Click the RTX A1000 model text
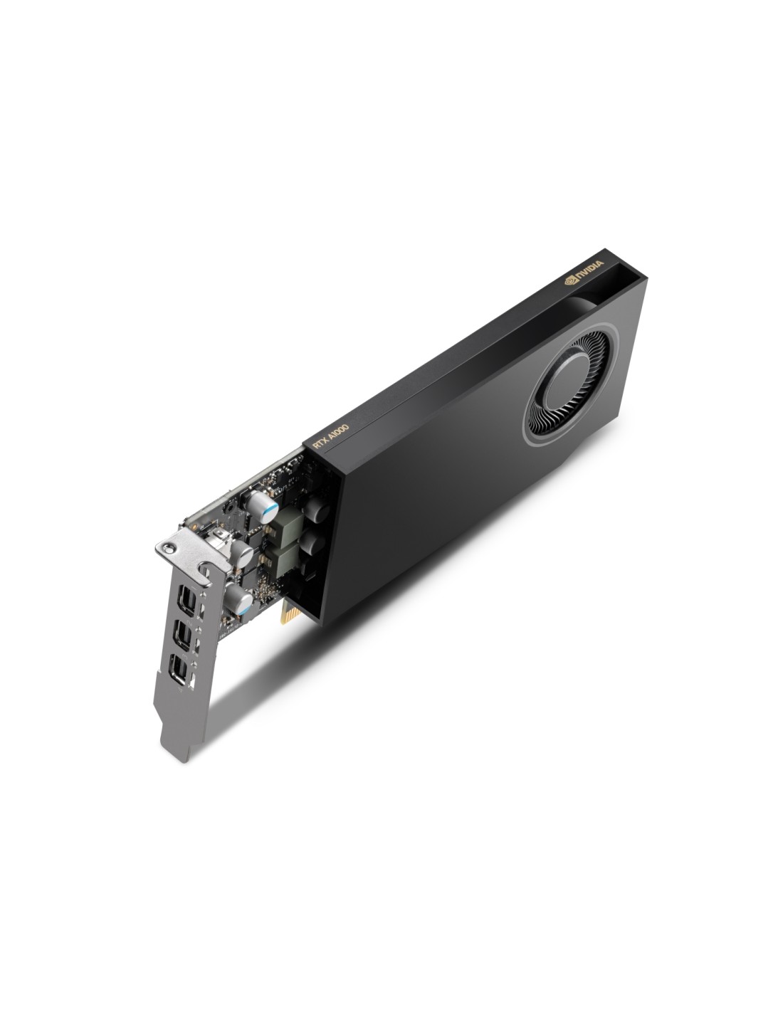332,436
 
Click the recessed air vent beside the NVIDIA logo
608,291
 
